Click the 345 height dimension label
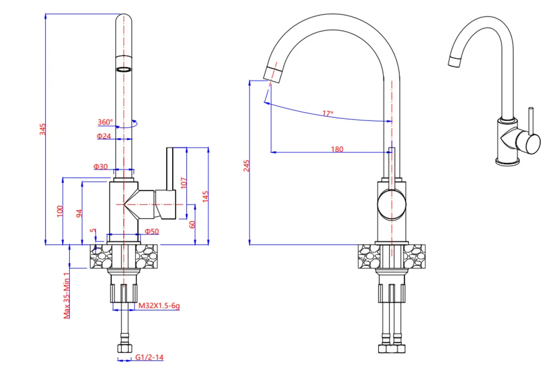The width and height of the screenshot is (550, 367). [42, 129]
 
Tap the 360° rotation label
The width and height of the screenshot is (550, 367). [105, 122]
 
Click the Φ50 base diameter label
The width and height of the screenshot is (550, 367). [151, 232]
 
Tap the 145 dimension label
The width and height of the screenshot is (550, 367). [205, 197]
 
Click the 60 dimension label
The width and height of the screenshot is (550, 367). [193, 224]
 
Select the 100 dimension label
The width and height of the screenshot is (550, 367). [60, 211]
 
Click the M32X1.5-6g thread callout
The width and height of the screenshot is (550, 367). [159, 306]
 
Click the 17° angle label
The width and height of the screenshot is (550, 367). [328, 113]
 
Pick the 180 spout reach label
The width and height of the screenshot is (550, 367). [337, 149]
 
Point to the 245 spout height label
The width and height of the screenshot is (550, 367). [246, 166]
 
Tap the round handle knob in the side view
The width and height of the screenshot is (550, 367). [392, 205]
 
